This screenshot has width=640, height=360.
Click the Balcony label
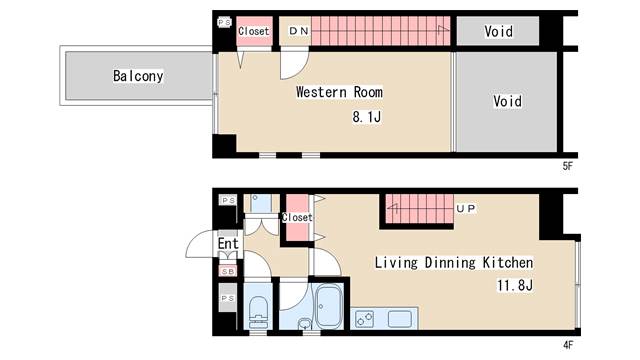(x=138, y=76)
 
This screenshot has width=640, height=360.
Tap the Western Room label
(x=339, y=92)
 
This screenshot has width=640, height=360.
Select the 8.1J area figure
(x=367, y=117)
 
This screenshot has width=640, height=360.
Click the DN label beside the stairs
(x=299, y=31)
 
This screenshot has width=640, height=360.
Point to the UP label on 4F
(x=466, y=209)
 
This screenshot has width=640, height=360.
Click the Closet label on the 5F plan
(x=253, y=31)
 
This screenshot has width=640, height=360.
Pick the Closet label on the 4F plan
(x=297, y=217)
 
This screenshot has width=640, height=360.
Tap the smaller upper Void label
(x=498, y=31)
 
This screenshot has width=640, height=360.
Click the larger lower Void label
(x=507, y=101)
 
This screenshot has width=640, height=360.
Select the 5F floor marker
(x=568, y=166)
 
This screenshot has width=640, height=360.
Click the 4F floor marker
(x=568, y=345)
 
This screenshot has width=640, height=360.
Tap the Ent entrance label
(x=228, y=244)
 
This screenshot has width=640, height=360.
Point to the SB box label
(x=228, y=271)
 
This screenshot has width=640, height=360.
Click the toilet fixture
(x=258, y=312)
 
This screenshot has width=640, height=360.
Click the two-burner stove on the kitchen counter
(x=364, y=319)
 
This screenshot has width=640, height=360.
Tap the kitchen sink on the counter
(x=400, y=319)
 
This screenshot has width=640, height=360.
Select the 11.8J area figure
(x=515, y=285)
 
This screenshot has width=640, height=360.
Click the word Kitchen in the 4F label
(x=508, y=262)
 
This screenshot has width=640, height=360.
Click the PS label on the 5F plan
(x=224, y=22)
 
